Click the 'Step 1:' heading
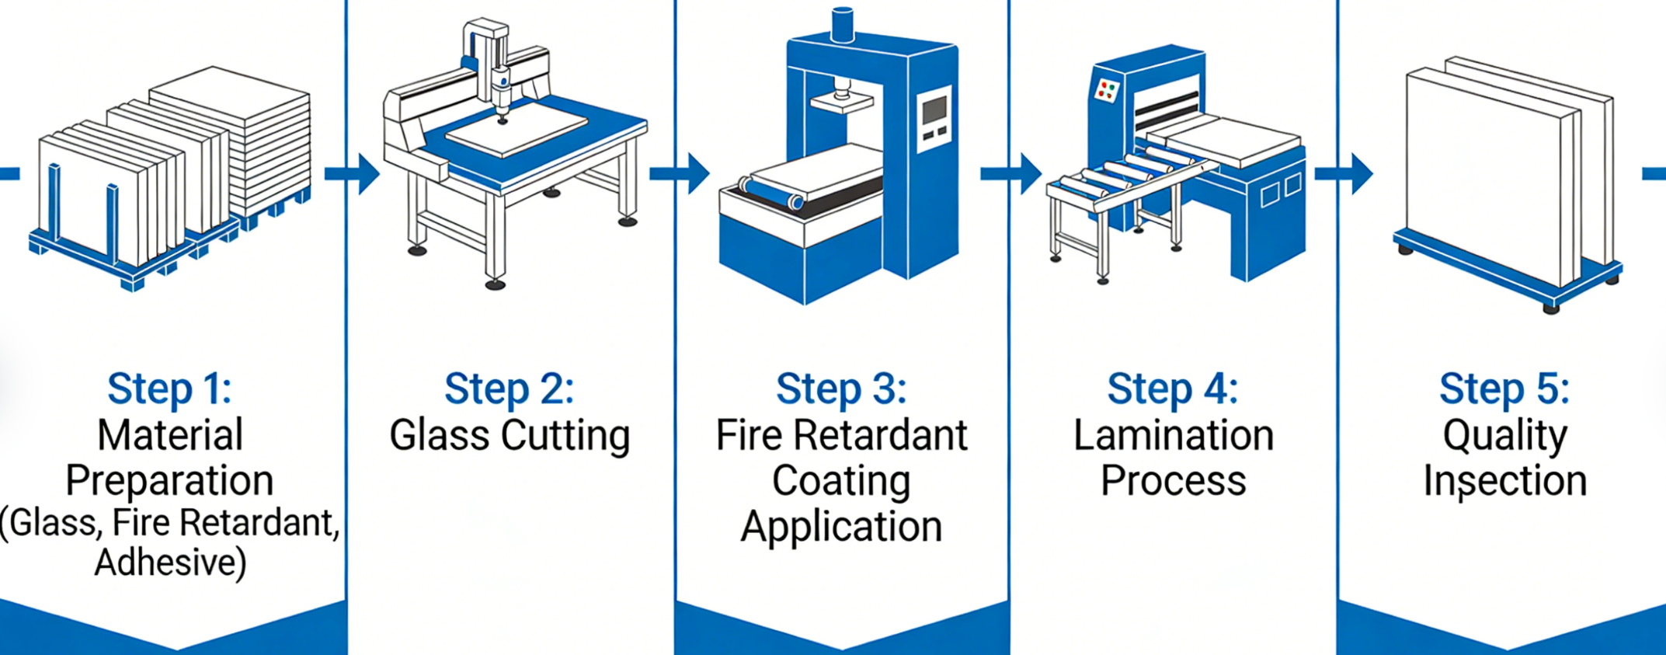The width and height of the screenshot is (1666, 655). (x=169, y=388)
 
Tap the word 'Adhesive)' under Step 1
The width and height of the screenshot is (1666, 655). (x=170, y=563)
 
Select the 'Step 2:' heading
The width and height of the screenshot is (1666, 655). (x=509, y=388)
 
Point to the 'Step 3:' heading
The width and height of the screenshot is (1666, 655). (x=841, y=388)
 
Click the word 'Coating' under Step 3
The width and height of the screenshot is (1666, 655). (x=841, y=482)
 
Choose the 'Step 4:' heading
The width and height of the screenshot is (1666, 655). (x=1172, y=388)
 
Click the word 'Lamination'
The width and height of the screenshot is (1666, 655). (x=1173, y=436)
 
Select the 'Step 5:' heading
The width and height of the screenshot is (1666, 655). (x=1504, y=388)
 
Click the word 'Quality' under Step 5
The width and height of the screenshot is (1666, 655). (x=1504, y=437)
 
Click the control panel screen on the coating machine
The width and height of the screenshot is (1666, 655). (x=934, y=110)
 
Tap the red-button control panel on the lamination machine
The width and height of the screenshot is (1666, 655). (x=1106, y=91)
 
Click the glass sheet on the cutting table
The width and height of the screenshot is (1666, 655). (x=516, y=128)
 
